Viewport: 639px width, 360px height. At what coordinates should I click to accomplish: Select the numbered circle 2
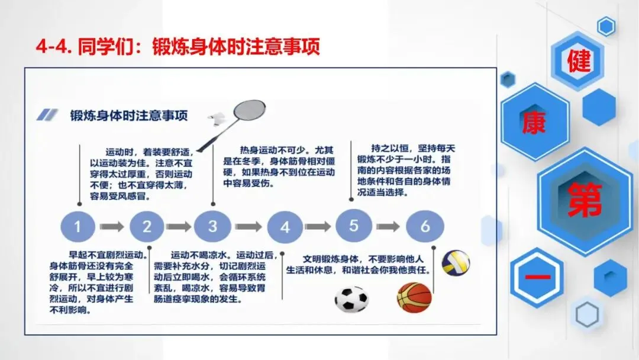point(147,226)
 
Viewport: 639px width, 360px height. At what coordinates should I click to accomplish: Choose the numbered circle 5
point(354,226)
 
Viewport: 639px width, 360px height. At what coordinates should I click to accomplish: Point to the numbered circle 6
point(424,226)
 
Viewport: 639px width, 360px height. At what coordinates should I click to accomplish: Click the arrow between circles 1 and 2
point(112,226)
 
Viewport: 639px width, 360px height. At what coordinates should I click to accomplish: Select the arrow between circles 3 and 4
point(248,227)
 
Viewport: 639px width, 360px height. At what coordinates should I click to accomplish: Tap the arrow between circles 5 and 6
point(389,226)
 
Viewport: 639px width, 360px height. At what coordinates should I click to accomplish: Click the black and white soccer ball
point(351,299)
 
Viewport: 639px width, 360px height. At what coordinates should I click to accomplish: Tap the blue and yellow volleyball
point(456,262)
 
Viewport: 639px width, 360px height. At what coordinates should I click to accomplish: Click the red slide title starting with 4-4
point(177,46)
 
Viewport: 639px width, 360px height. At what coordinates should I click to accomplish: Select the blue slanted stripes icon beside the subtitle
point(48,115)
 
